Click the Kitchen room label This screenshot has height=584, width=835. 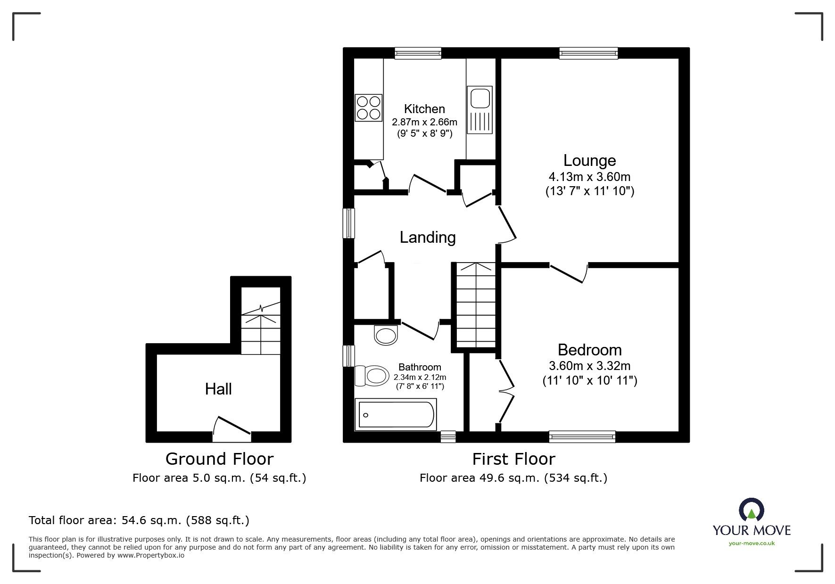[424, 109]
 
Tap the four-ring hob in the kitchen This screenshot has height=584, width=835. [369, 107]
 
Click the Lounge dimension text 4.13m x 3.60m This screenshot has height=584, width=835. [589, 177]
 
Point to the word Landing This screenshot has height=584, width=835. [428, 237]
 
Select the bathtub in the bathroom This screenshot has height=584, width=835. [396, 414]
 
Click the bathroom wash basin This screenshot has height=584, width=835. [386, 335]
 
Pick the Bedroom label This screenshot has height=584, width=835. [589, 350]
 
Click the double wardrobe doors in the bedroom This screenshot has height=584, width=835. [506, 390]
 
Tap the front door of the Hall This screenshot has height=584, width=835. [231, 429]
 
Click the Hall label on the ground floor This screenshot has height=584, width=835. [218, 389]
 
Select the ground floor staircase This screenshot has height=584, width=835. [261, 328]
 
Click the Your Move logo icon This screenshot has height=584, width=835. [751, 510]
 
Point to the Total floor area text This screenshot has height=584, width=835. [139, 520]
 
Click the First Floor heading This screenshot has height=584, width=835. [513, 459]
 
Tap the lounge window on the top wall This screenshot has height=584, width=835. [588, 53]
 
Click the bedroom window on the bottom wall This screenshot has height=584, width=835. [582, 437]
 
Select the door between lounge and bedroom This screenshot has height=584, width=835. [569, 273]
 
